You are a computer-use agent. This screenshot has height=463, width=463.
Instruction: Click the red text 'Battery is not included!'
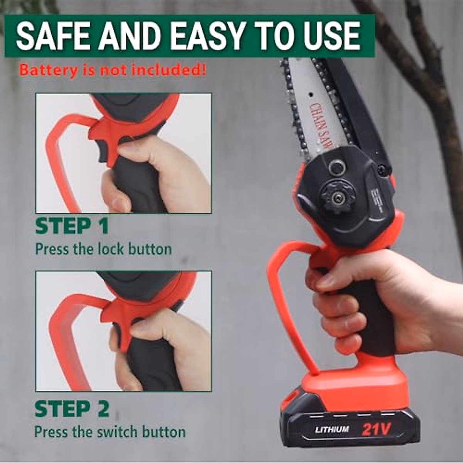point(112,71)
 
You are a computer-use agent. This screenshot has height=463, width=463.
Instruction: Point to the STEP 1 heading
point(72,226)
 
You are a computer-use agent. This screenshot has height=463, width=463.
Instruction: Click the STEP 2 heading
point(72,409)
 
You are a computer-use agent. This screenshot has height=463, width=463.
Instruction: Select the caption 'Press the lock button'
point(103,249)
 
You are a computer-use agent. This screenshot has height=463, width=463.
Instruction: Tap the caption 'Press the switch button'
point(110,432)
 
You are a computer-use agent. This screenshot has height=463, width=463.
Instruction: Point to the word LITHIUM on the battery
point(332,429)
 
